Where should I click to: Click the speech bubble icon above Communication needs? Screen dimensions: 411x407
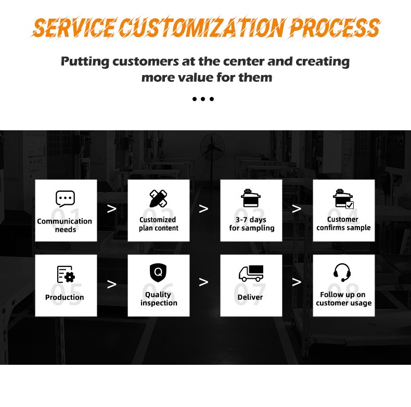(x=65, y=199)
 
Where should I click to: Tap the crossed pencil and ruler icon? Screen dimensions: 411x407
(x=158, y=199)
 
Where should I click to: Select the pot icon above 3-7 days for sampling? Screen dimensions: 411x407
(x=251, y=198)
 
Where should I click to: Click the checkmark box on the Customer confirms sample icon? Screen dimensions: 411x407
(x=350, y=205)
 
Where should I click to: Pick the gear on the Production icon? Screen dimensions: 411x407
(x=70, y=277)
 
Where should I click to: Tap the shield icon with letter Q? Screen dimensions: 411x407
(x=158, y=273)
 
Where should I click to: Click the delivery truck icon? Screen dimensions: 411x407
(x=251, y=274)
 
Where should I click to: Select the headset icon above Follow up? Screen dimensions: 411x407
(x=342, y=273)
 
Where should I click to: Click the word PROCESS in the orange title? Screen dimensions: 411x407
(x=335, y=28)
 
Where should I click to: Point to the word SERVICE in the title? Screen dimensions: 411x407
(x=73, y=28)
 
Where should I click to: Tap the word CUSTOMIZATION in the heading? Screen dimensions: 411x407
(x=202, y=28)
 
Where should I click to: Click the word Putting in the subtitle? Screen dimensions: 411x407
(x=85, y=61)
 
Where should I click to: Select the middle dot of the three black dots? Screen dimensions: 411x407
(x=203, y=99)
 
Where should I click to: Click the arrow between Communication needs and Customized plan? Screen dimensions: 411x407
(x=112, y=209)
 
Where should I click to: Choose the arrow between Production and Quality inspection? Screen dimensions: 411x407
(x=112, y=284)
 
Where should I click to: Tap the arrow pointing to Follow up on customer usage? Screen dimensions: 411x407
(x=297, y=282)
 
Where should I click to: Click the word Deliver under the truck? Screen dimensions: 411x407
(x=250, y=297)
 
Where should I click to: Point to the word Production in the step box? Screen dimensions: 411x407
(x=65, y=297)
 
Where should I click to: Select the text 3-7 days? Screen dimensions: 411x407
(x=251, y=219)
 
